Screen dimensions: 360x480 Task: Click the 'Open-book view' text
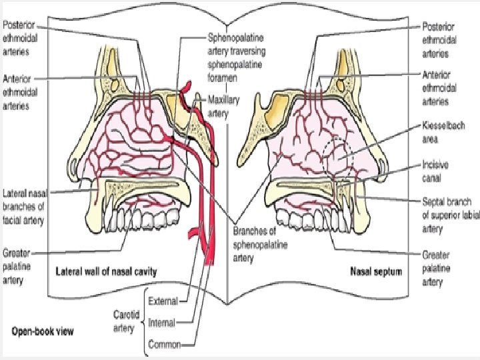tap(42, 331)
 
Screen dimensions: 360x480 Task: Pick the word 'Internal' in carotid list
tap(161, 323)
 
